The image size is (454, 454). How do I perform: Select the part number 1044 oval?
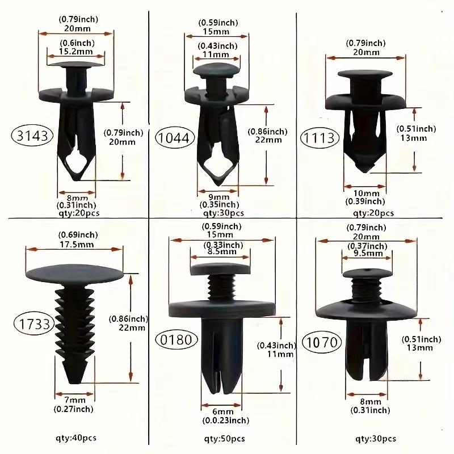click(x=175, y=137)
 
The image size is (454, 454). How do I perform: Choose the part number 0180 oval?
click(x=175, y=340)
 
